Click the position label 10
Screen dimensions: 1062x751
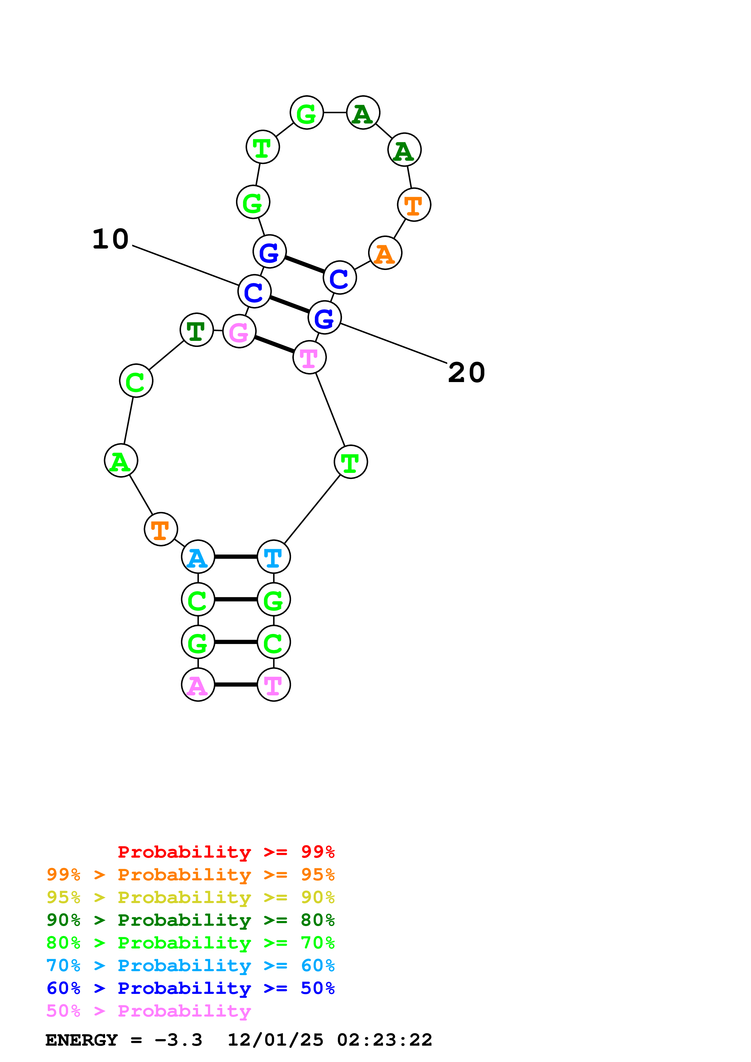pos(110,239)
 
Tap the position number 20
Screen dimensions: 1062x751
pos(467,372)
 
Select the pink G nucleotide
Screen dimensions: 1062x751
pos(239,331)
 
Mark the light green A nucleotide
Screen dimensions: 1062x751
pos(121,461)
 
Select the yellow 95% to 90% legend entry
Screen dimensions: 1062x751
pos(190,897)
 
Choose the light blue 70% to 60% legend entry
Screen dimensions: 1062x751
pos(190,965)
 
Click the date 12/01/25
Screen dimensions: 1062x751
pos(275,1040)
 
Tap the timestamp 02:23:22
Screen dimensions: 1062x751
pos(384,1040)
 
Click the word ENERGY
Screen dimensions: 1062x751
pos(81,1040)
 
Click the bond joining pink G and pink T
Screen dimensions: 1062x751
pos(274,345)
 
